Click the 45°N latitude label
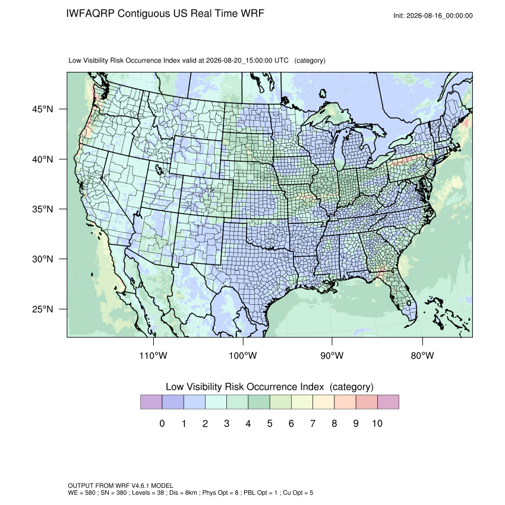pos(43,109)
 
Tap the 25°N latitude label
pos(43,309)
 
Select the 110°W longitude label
pos(153,355)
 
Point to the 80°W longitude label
pos(422,355)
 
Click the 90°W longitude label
pos(332,355)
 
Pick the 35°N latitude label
pos(43,209)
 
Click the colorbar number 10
pos(377,423)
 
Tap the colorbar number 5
pos(270,423)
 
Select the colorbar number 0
pos(162,423)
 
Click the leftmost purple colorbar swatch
pos(151,402)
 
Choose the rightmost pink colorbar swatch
pos(388,402)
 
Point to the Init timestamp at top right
pos(433,15)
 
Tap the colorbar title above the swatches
pos(270,387)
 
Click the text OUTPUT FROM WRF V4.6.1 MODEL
pos(121,485)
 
